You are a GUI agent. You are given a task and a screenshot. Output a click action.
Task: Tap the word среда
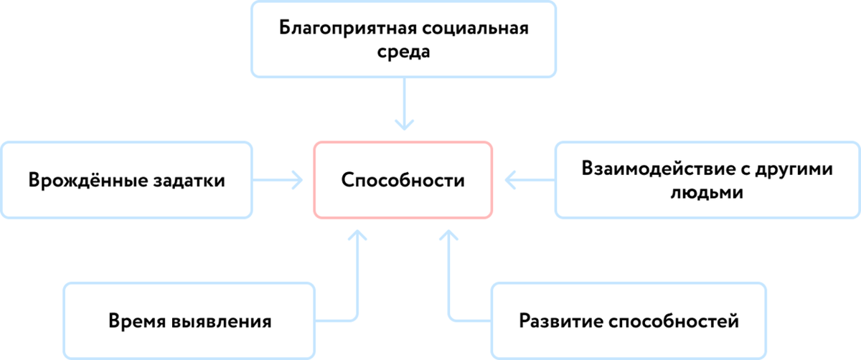(403, 53)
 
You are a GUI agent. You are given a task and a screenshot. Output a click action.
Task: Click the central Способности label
(403, 180)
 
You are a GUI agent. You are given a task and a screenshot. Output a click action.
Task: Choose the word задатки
(185, 180)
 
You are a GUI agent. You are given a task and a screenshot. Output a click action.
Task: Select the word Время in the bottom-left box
(137, 320)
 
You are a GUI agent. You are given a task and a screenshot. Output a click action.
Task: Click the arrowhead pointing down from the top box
(404, 126)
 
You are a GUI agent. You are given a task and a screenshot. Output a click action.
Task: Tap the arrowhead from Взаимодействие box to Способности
(509, 179)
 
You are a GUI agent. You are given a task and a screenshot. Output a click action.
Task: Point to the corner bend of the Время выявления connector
(356, 318)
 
